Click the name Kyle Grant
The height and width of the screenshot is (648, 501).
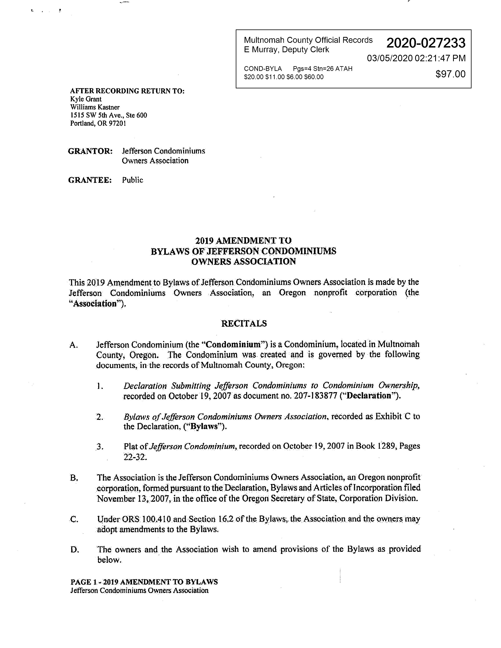tap(86, 99)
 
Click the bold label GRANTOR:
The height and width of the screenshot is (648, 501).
tap(90, 151)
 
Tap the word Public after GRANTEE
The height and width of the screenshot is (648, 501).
tap(132, 180)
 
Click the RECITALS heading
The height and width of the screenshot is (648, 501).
tap(244, 323)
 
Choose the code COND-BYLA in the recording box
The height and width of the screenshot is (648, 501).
tap(263, 69)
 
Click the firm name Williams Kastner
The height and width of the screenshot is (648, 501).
tap(95, 107)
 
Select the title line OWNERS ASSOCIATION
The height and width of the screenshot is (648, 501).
tap(243, 262)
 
